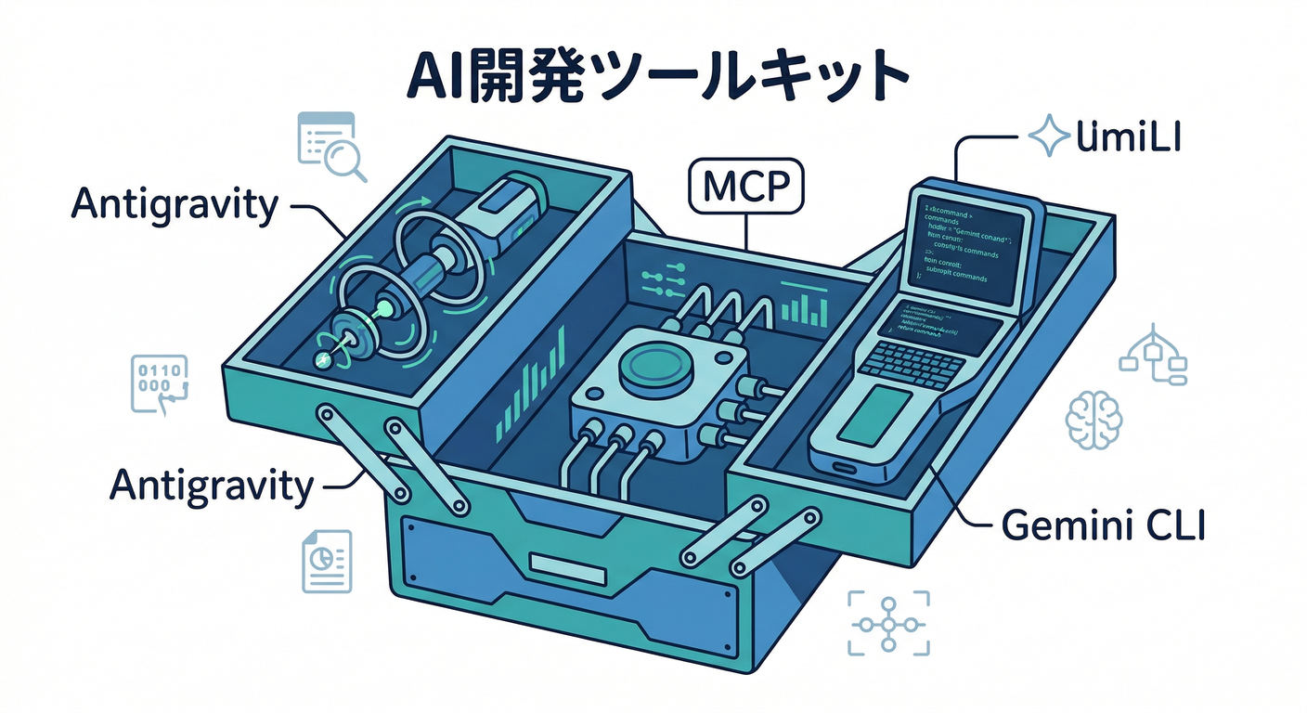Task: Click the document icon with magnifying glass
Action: coord(330,146)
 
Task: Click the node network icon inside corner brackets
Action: coord(889,622)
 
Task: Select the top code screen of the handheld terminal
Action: coord(965,243)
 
